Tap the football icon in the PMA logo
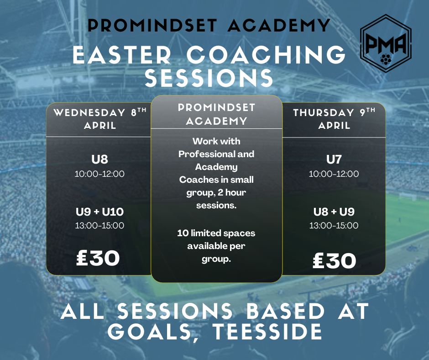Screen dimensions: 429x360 coord(386,59)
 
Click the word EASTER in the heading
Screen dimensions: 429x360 coord(122,55)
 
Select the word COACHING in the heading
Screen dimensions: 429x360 coord(266,55)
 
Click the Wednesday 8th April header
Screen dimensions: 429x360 coord(100,119)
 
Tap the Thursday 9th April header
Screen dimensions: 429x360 coord(334,119)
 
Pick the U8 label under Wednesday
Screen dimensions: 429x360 coord(99,159)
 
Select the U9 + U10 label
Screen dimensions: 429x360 coord(99,212)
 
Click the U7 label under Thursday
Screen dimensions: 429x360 coord(334,159)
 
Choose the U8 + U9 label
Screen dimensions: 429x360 coord(334,212)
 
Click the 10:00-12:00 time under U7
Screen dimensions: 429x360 coord(334,174)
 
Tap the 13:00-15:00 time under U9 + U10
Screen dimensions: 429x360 coord(99,226)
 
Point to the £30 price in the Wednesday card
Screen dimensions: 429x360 coord(98,258)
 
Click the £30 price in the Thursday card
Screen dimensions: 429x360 coord(335,260)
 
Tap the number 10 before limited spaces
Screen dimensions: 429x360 coord(183,233)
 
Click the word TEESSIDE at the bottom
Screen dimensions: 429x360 coord(267,332)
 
